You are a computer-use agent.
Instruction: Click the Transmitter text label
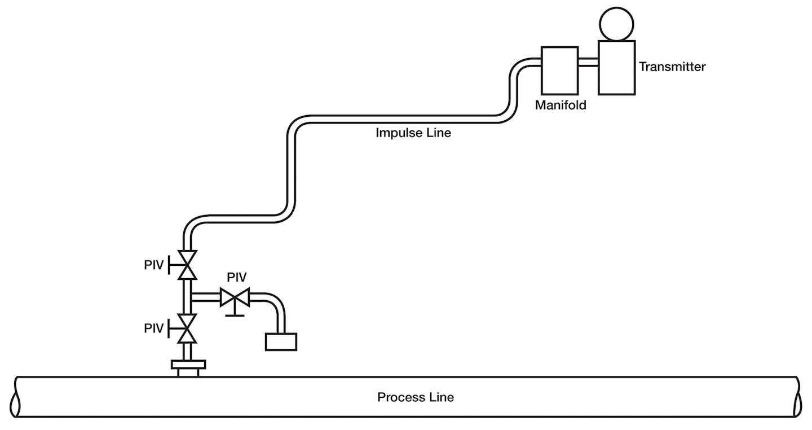pyautogui.click(x=672, y=67)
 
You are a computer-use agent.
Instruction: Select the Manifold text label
pyautogui.click(x=561, y=105)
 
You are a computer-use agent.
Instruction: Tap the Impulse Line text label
pyautogui.click(x=413, y=134)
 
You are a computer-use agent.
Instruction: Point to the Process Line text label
pyautogui.click(x=416, y=397)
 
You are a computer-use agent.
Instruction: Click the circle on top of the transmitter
pyautogui.click(x=616, y=24)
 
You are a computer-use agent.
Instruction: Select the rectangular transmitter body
pyautogui.click(x=616, y=67)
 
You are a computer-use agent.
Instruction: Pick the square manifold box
pyautogui.click(x=559, y=71)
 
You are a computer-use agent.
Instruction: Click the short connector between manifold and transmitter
pyautogui.click(x=588, y=62)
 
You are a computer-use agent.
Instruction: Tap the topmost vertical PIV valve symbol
pyautogui.click(x=187, y=265)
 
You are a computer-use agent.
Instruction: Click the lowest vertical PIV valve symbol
pyautogui.click(x=187, y=328)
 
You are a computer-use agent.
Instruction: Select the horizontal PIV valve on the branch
pyautogui.click(x=235, y=297)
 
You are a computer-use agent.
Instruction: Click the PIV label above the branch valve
pyautogui.click(x=236, y=278)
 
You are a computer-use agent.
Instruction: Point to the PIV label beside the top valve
pyautogui.click(x=153, y=265)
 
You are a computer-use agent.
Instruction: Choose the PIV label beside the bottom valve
pyautogui.click(x=153, y=328)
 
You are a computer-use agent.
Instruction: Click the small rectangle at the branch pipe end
pyautogui.click(x=281, y=341)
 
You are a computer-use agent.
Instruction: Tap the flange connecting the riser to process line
pyautogui.click(x=188, y=367)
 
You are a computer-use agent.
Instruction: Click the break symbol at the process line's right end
pyautogui.click(x=798, y=397)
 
